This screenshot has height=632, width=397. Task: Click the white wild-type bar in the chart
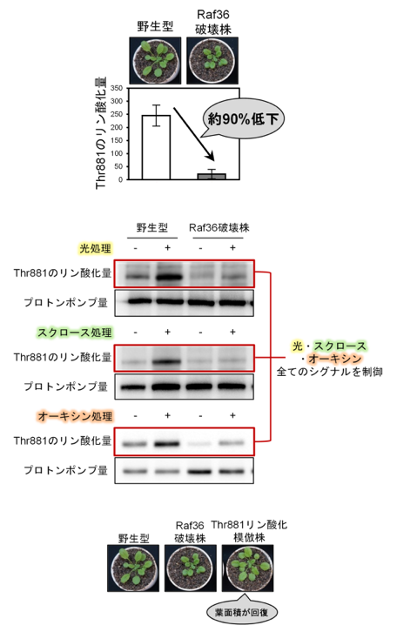[x=156, y=147]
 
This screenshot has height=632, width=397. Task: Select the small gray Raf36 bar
[x=212, y=177]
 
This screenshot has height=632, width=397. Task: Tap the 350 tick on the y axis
[x=117, y=88]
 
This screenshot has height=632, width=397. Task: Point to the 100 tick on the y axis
[x=117, y=153]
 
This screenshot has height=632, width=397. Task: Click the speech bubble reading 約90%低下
[x=243, y=119]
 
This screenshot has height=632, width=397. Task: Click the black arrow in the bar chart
[x=193, y=134]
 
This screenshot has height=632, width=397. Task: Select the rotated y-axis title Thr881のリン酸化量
[x=101, y=132]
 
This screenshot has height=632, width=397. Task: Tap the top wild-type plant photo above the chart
[x=155, y=60]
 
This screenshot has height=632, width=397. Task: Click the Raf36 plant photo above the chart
[x=212, y=60]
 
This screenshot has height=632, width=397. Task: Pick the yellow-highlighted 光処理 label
[x=95, y=248]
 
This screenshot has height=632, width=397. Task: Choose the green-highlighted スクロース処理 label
[x=75, y=333]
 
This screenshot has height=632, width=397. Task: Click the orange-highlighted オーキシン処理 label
[x=75, y=415]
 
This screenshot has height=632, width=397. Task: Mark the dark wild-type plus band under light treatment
[x=168, y=278]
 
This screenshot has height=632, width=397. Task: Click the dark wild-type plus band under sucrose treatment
[x=167, y=362]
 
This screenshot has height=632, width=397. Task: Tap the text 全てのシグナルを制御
[x=329, y=372]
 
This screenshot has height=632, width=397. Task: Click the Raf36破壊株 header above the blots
[x=219, y=228]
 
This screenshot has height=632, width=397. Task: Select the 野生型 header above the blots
[x=152, y=228]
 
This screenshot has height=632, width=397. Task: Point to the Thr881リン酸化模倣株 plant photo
[x=247, y=568]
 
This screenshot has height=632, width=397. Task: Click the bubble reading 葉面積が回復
[x=242, y=613]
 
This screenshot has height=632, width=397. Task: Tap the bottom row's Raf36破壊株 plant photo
[x=191, y=568]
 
